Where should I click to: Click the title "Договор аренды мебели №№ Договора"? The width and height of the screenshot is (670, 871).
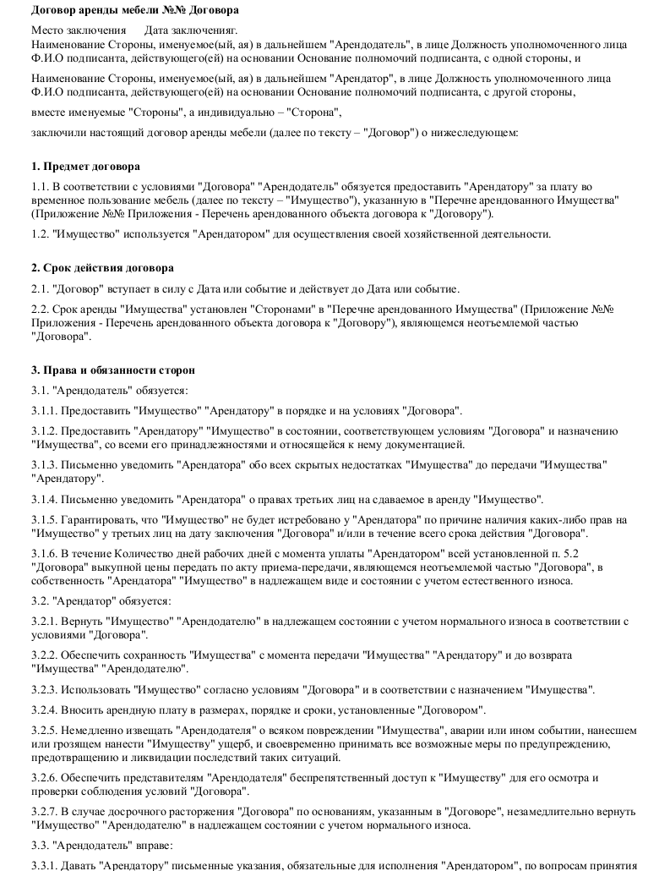click(134, 10)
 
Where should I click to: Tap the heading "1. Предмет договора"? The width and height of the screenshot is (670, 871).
click(85, 167)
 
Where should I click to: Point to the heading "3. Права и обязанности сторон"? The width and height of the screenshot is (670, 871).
click(112, 370)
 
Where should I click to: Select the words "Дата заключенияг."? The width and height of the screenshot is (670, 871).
click(190, 30)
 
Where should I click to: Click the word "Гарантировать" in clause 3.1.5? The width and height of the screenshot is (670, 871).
click(102, 520)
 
